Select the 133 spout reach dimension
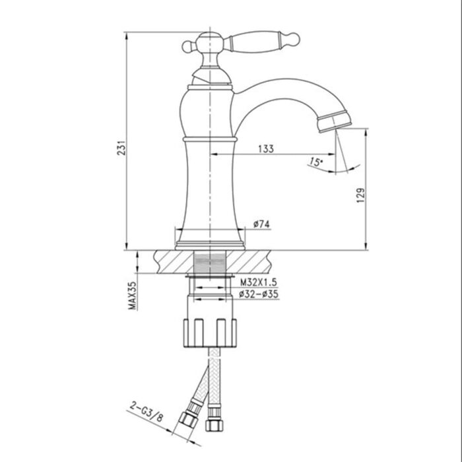pyautogui.click(x=265, y=148)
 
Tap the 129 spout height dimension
pyautogui.click(x=359, y=197)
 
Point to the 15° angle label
pyautogui.click(x=315, y=161)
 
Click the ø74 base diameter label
pyautogui.click(x=261, y=224)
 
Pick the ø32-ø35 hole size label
pyautogui.click(x=259, y=294)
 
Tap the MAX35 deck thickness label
pyautogui.click(x=132, y=295)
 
